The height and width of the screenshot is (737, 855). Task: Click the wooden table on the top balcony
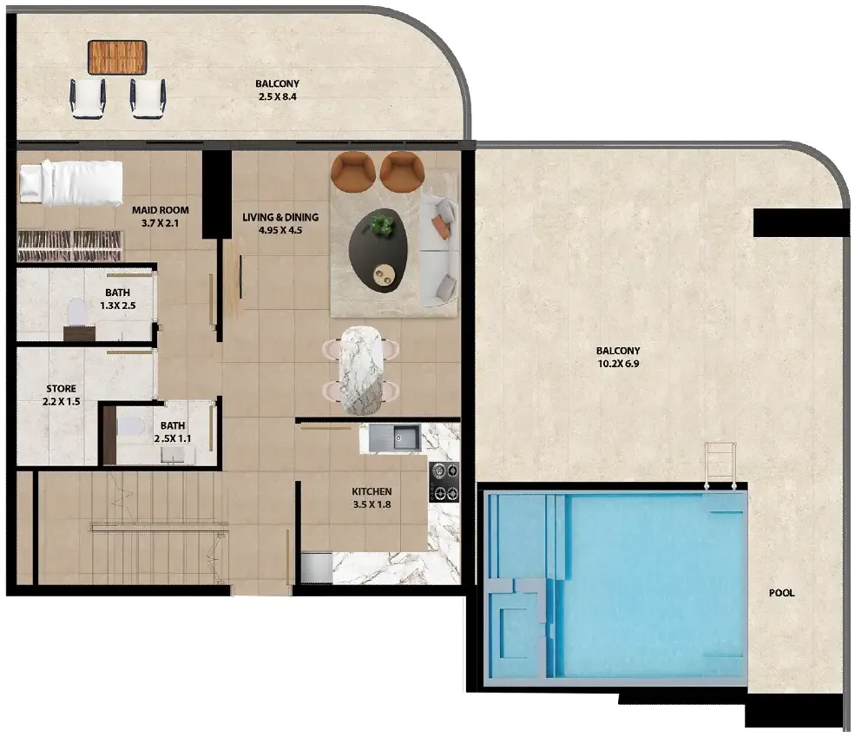tap(117, 57)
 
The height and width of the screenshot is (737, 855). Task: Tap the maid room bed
tap(71, 182)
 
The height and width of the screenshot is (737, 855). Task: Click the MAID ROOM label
tap(161, 210)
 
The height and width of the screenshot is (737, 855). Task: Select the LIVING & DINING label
tap(280, 217)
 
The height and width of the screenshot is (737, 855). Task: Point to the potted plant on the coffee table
tap(382, 225)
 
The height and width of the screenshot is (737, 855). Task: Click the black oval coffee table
tap(378, 251)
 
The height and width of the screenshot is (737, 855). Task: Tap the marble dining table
tap(360, 370)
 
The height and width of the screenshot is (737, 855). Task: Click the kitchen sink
tap(395, 438)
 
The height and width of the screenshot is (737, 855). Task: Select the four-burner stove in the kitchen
tap(444, 482)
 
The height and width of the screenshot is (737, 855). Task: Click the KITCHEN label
tap(372, 491)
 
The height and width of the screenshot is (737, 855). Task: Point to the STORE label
tap(61, 389)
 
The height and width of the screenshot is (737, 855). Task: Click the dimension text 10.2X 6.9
tap(618, 364)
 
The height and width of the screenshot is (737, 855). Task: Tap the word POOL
tap(782, 593)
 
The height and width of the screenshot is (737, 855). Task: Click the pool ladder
tap(720, 465)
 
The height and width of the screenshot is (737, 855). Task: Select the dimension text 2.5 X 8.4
tap(278, 96)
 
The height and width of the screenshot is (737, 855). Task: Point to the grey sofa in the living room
tap(439, 251)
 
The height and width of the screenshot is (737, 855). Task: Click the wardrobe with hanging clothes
tap(69, 246)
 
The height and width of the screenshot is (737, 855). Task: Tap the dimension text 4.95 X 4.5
tap(280, 230)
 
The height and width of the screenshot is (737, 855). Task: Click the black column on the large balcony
tap(801, 222)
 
